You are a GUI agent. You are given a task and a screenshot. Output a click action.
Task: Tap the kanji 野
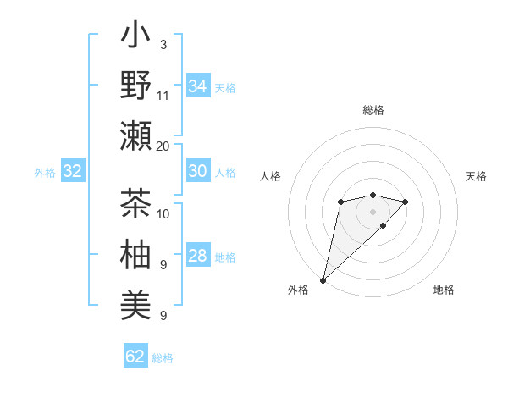(x=136, y=86)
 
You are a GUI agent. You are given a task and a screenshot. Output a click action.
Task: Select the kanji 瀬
(x=136, y=135)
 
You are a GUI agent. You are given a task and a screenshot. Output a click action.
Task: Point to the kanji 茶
(x=136, y=206)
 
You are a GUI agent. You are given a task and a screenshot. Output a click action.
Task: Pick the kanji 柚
(x=136, y=255)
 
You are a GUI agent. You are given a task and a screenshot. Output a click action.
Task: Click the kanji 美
(x=136, y=304)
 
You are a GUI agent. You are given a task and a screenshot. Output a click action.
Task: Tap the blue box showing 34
(x=197, y=86)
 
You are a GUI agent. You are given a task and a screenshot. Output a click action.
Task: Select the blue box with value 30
(x=197, y=171)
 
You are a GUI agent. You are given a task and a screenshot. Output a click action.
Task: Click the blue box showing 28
(x=197, y=256)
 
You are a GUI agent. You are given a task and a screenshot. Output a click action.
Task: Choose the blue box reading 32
(x=73, y=172)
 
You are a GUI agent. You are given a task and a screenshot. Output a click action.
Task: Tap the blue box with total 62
(x=135, y=357)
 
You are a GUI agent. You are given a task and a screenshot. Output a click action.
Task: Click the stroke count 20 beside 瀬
(x=163, y=146)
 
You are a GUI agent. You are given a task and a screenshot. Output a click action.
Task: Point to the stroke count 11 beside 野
(x=163, y=96)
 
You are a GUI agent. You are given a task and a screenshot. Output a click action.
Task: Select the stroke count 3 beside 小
(x=163, y=45)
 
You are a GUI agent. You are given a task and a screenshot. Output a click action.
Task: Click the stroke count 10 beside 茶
(x=163, y=213)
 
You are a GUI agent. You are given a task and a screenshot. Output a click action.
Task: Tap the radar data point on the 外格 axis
(x=323, y=279)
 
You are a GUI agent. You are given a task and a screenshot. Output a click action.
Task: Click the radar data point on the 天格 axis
(x=406, y=202)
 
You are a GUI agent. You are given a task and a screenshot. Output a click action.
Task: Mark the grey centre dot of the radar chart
(x=373, y=211)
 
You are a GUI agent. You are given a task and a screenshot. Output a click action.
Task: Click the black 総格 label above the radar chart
(x=373, y=110)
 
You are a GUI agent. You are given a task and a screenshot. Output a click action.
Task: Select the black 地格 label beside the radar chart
(x=444, y=290)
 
